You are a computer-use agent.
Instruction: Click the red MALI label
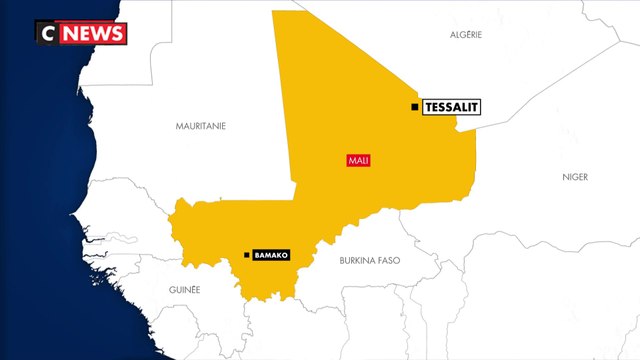(x=357, y=160)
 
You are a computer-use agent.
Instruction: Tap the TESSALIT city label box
(x=452, y=107)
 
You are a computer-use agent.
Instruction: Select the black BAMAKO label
(x=271, y=256)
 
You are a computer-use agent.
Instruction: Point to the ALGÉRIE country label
(x=466, y=34)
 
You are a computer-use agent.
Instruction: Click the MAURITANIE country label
(x=201, y=126)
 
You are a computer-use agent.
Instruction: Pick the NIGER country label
(x=575, y=177)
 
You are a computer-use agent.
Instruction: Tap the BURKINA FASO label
(x=370, y=261)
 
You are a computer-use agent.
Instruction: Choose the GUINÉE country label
(x=185, y=289)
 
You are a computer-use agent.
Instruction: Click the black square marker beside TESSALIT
(x=415, y=107)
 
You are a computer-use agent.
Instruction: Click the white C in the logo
(x=46, y=33)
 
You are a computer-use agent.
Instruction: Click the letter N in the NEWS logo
(x=70, y=33)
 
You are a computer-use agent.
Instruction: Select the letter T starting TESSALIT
(x=430, y=107)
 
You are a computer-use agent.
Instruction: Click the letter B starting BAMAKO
(x=257, y=256)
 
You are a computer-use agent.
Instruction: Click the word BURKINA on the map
(x=355, y=261)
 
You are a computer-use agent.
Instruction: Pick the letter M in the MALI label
(x=350, y=160)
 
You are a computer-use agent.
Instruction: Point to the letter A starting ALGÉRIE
(x=452, y=34)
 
